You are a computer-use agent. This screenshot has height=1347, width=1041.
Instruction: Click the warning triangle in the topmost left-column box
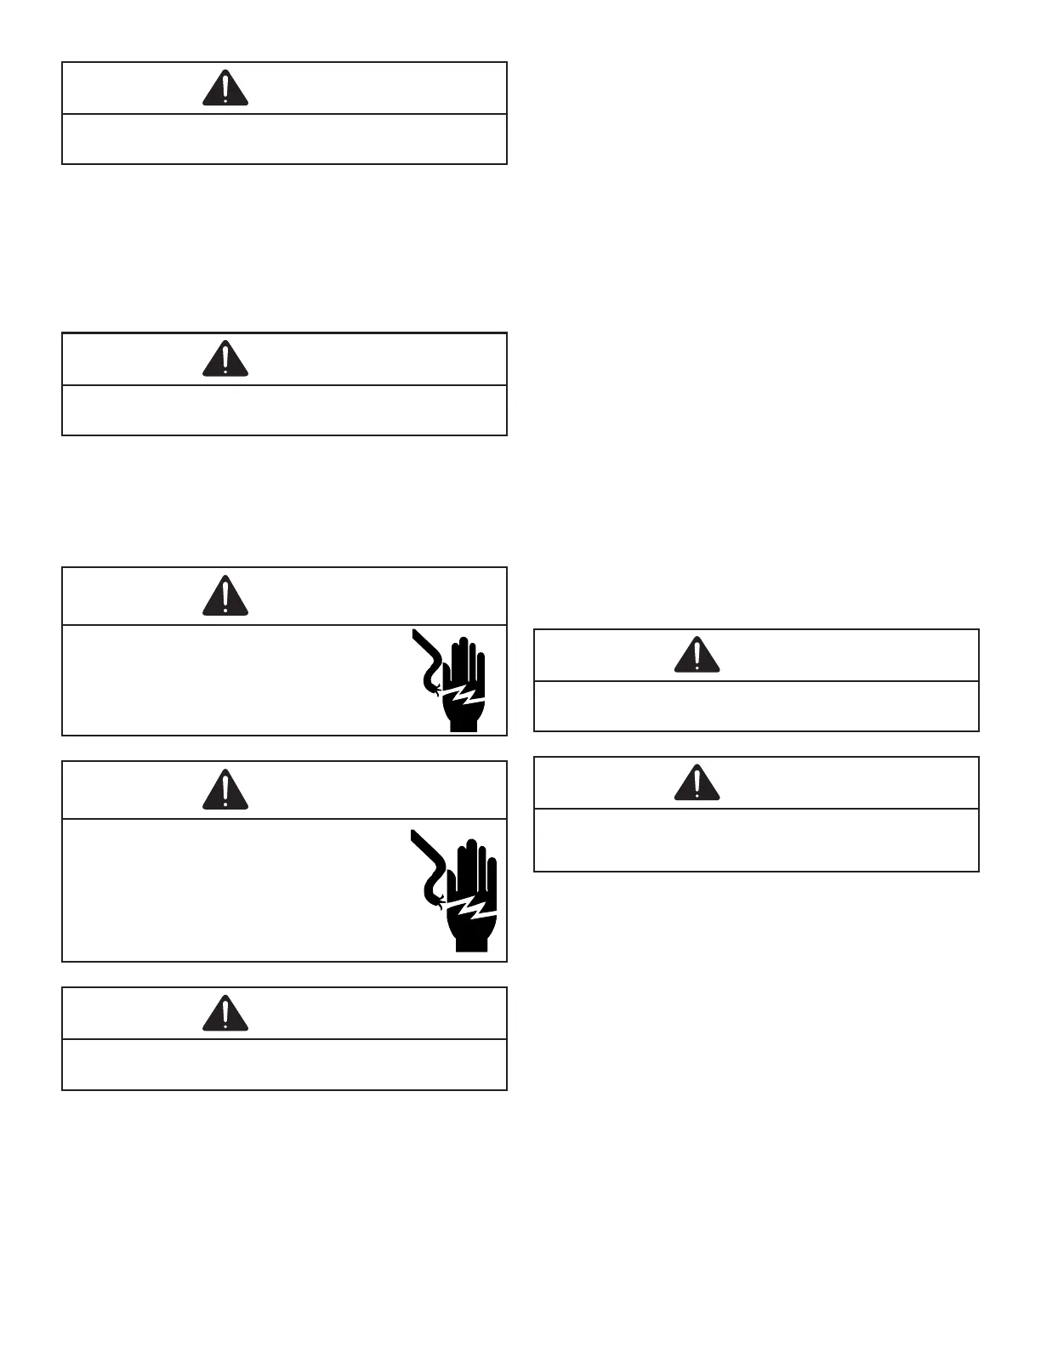[x=225, y=89]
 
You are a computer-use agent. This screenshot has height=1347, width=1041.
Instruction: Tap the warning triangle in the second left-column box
[x=225, y=361]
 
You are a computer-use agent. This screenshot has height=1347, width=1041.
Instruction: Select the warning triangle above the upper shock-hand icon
[x=225, y=597]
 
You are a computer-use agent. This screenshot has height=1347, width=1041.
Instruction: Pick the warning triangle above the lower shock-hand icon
[x=225, y=791]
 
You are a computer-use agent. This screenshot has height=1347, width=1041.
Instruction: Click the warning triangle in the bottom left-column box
[x=225, y=1015]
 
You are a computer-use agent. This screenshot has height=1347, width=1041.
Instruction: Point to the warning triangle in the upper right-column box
[x=697, y=656]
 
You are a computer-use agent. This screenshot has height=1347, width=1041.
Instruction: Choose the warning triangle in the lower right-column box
[x=697, y=784]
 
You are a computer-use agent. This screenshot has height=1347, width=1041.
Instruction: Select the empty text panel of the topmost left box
[x=284, y=139]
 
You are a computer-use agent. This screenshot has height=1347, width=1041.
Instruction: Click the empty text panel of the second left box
[x=284, y=410]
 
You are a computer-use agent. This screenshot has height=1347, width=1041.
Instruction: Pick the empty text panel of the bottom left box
[x=284, y=1064]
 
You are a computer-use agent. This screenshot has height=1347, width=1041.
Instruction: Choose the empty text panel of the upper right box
[x=756, y=706]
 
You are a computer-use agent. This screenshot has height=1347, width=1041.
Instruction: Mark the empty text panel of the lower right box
[x=756, y=839]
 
